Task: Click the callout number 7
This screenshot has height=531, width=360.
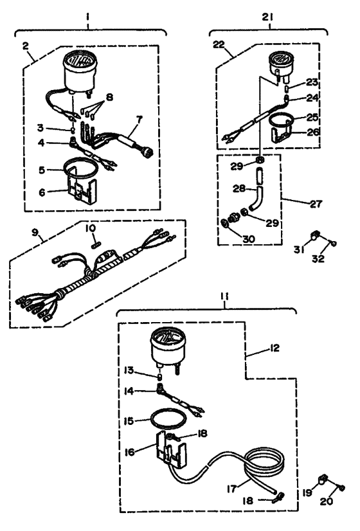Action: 139,119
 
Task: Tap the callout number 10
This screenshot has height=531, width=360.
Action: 91,229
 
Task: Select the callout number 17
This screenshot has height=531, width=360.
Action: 232,489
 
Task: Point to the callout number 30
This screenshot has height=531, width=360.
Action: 248,239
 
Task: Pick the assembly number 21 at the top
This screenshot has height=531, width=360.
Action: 267,17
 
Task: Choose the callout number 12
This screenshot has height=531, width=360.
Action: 274,348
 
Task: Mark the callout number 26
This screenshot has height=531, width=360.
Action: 312,131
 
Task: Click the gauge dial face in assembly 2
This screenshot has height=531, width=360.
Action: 80,62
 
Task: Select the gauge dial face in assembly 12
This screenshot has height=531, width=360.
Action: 168,338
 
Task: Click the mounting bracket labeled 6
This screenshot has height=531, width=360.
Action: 80,192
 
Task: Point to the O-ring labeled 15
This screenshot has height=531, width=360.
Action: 168,419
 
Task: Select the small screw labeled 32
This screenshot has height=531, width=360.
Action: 333,243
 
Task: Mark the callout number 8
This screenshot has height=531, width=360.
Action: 109,98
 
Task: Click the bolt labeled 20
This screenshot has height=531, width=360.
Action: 342,488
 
